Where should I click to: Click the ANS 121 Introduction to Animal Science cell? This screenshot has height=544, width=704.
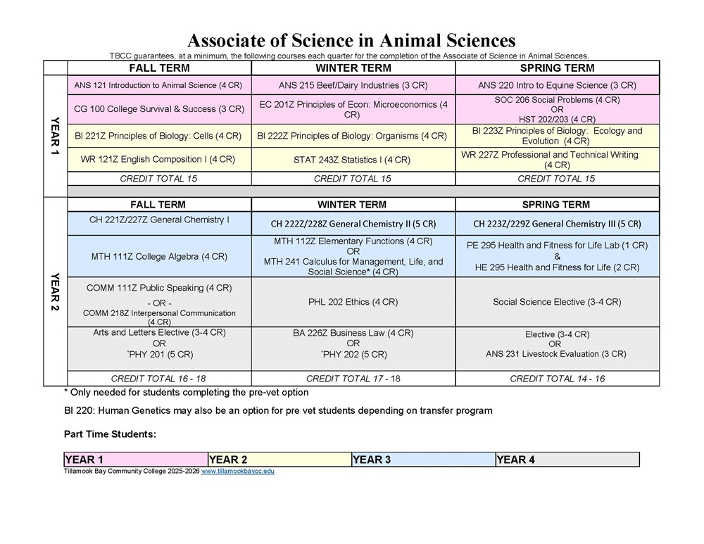pos(158,85)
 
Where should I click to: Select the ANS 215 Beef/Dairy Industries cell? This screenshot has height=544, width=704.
pos(353,85)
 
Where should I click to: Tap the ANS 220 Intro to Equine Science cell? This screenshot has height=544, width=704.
pos(557,85)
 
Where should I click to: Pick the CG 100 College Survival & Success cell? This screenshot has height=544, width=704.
pos(158,109)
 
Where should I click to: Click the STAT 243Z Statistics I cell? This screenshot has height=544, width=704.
pos(353,160)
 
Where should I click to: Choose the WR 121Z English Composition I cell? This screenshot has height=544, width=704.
pos(158,159)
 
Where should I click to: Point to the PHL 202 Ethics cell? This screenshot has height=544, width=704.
pos(353,302)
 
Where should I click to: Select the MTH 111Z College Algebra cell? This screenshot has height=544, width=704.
pos(158,256)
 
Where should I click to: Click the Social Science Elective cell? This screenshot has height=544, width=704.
pos(557,302)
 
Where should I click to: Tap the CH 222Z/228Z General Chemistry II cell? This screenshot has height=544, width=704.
pos(353,224)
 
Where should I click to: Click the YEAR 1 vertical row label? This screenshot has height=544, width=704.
pos(55,135)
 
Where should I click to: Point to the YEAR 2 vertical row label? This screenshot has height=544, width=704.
pos(55,291)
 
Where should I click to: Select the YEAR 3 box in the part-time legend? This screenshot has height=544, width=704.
pos(423,460)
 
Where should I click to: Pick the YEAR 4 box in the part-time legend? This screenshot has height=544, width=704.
pos(567,460)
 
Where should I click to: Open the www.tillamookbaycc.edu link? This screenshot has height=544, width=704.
pos(238,472)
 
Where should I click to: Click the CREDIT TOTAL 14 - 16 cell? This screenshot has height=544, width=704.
pos(557,379)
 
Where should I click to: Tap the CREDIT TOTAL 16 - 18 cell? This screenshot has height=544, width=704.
pos(158,379)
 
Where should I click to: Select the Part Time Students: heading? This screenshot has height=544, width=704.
pos(110,434)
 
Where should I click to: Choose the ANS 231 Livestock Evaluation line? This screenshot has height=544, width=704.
pos(555,354)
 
